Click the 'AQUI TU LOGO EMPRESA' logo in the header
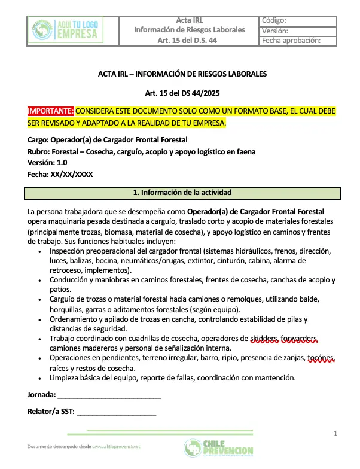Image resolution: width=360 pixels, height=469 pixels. click(65, 29)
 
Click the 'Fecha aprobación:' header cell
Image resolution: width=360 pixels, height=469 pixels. click(291, 41)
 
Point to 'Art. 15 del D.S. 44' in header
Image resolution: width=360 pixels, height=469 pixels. click(189, 41)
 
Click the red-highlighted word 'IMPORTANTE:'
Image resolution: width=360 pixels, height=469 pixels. click(51, 111)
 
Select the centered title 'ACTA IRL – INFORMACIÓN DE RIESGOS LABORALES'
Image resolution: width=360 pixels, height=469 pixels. click(182, 74)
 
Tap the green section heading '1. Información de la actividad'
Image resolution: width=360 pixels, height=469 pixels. click(182, 193)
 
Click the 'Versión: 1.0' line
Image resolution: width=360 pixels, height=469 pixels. click(48, 163)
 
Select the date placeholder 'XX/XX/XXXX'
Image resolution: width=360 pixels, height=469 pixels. click(72, 174)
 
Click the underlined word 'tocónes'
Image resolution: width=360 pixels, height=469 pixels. click(321, 358)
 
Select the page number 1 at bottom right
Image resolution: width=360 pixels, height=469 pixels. click(335, 433)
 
